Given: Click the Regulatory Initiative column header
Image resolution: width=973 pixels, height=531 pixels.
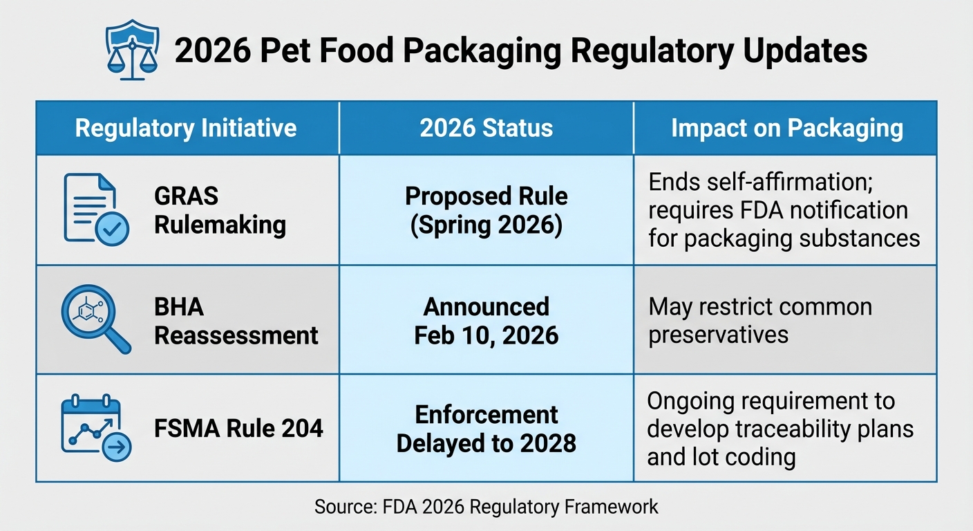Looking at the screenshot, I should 186,128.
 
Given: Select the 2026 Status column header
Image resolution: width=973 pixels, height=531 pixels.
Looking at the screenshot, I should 486,128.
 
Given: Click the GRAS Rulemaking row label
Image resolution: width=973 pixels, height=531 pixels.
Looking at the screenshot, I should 220,210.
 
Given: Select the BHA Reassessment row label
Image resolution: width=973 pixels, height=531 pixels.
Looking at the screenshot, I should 236,320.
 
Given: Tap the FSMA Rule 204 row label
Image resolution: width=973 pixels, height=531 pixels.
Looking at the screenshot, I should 238,429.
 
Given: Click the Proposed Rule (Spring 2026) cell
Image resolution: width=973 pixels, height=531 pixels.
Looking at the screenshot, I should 486,210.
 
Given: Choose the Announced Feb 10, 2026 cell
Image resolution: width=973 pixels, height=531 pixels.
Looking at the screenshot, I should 486,320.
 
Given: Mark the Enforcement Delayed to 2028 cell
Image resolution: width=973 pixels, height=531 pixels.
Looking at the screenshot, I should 486,429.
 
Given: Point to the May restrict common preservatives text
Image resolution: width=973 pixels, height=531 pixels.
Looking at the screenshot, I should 759,320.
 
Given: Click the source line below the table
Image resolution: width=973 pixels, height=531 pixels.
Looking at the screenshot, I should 486,507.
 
